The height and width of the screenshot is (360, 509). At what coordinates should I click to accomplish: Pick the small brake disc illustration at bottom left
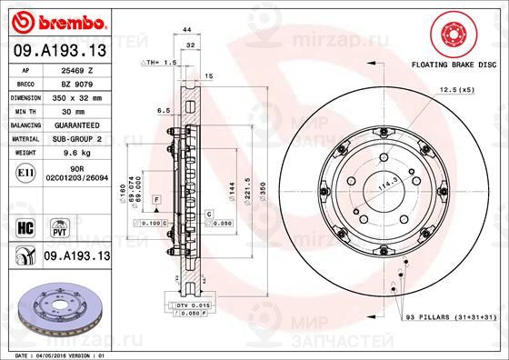pyautogui.click(x=55, y=308)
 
